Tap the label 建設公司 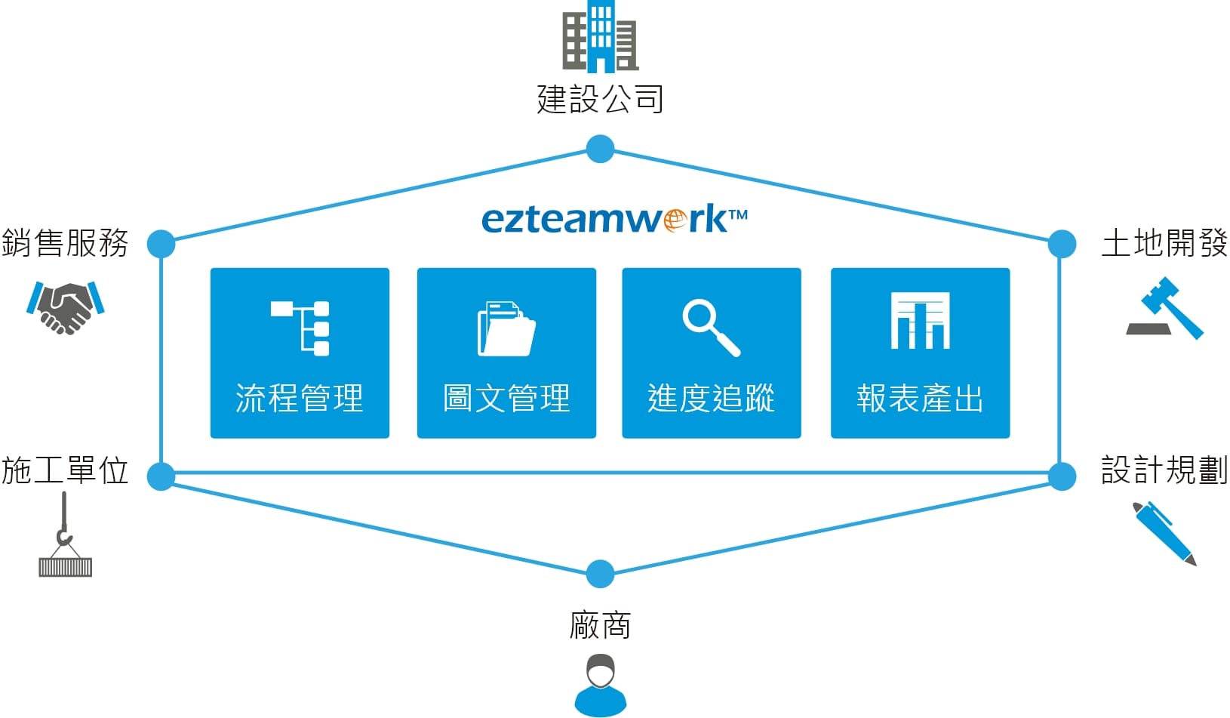(600, 99)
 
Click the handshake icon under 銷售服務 (66, 307)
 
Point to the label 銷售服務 (65, 243)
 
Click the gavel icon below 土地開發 (1164, 309)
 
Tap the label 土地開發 (1164, 243)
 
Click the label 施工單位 (65, 470)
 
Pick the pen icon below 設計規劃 (1164, 533)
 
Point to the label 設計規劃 (1164, 470)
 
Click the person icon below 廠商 (600, 685)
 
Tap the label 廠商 (600, 625)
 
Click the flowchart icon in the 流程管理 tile (300, 328)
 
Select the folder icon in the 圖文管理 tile (506, 328)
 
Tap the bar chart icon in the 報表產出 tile (920, 321)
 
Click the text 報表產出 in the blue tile (920, 398)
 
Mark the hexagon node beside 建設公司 (600, 149)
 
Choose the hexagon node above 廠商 (600, 574)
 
